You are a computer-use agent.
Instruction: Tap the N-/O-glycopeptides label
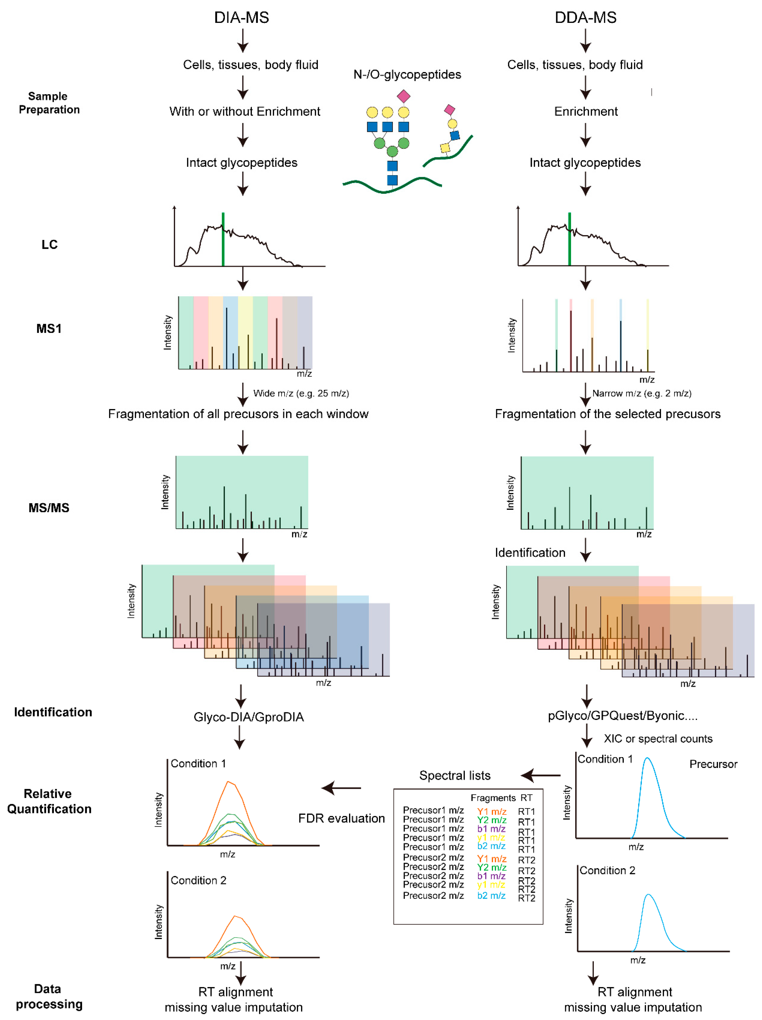click(407, 74)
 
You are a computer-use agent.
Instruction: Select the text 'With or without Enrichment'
click(244, 112)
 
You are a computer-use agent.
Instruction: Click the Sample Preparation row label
click(49, 103)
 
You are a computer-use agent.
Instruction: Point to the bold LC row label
click(49, 244)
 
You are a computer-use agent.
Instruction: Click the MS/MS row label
click(49, 508)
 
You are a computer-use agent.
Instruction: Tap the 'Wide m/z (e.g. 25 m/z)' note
click(301, 393)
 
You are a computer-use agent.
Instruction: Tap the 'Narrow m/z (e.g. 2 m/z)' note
click(642, 393)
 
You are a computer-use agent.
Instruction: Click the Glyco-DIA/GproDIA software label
click(249, 717)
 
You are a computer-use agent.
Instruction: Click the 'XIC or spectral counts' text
click(658, 739)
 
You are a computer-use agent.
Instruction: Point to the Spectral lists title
click(454, 776)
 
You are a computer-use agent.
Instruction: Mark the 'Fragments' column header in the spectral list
click(493, 798)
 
